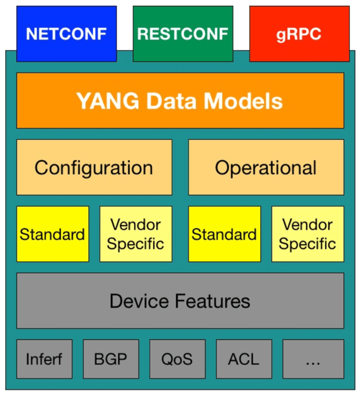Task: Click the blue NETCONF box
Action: (66, 34)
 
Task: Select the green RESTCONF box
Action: (183, 34)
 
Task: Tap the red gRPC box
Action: (299, 34)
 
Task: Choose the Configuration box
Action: (94, 168)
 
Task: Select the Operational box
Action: (266, 168)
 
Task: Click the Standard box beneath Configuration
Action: (53, 234)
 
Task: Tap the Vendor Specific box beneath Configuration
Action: (136, 234)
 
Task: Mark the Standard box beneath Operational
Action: (224, 234)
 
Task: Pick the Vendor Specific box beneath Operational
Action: (307, 234)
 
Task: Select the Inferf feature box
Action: (45, 359)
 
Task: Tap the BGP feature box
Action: (111, 359)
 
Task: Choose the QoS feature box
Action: (177, 359)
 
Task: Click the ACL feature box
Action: (244, 359)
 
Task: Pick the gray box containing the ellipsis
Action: (313, 359)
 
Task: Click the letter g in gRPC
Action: (282, 35)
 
